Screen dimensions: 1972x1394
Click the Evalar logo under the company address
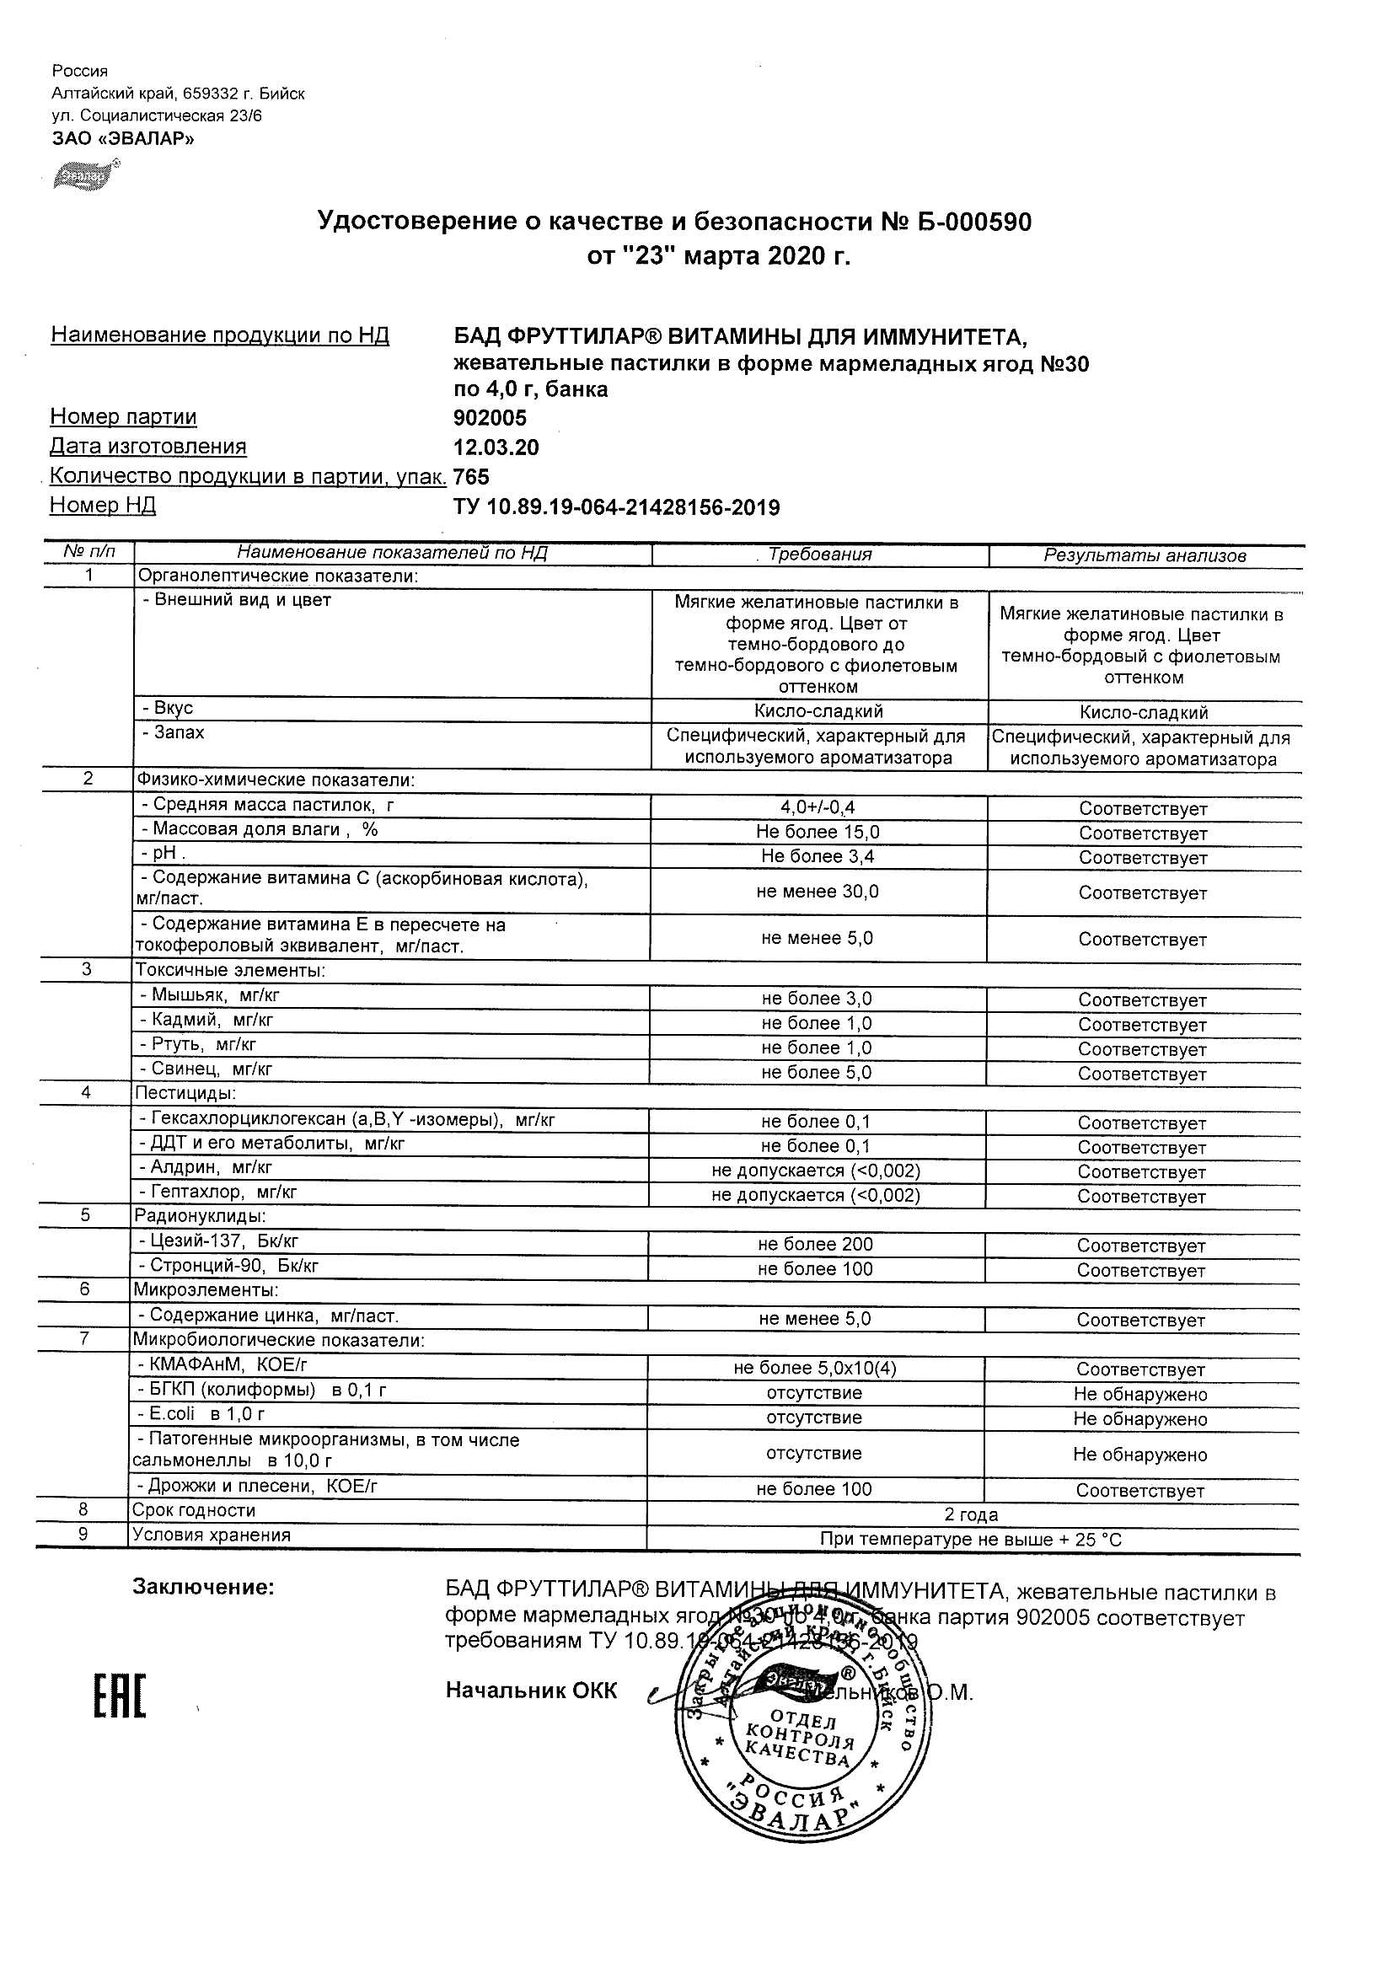coord(87,175)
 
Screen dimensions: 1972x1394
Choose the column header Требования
coord(820,555)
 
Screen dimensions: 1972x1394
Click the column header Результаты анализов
coord(1144,555)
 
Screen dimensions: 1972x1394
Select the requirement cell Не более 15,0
coord(818,833)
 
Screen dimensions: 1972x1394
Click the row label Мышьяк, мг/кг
coord(210,995)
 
